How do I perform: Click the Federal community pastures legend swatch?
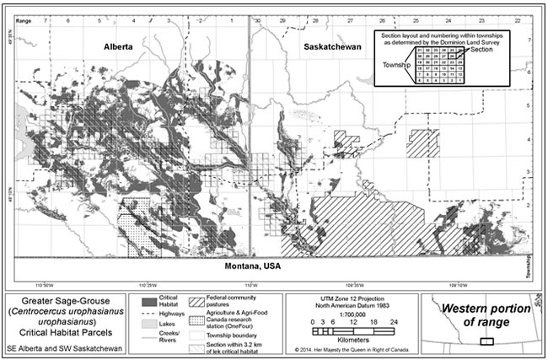[198, 300]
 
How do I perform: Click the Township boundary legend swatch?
[198, 335]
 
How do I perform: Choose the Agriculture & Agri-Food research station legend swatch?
[198, 318]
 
